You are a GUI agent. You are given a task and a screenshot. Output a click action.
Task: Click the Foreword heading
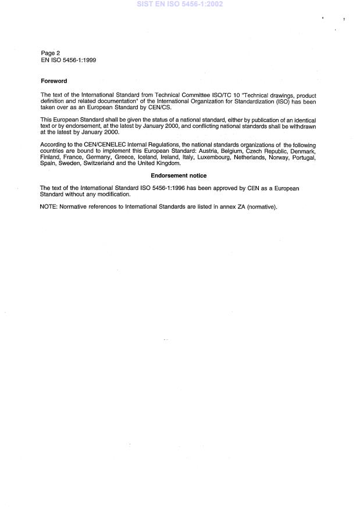pyautogui.click(x=53, y=81)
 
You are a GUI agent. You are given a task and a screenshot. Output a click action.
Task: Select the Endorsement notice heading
pyautogui.click(x=179, y=175)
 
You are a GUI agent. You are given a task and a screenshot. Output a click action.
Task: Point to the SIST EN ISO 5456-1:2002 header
pyautogui.click(x=180, y=4)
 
